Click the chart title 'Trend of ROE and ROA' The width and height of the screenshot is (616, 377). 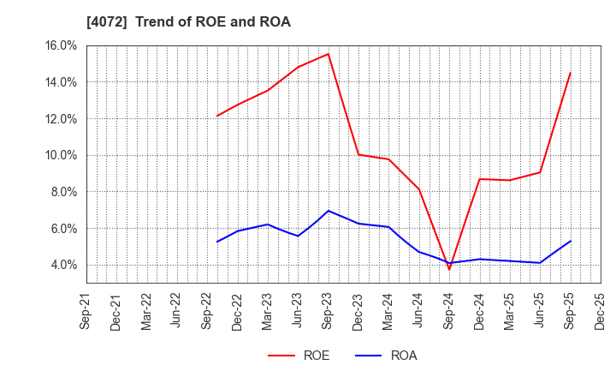[x=188, y=22]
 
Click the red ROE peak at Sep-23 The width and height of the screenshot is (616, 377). [x=328, y=54]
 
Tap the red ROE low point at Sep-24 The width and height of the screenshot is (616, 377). [x=449, y=270]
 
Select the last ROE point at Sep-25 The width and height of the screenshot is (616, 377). [x=570, y=73]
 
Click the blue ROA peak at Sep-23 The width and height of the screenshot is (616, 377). [x=328, y=211]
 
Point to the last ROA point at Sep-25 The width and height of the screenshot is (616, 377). [x=570, y=241]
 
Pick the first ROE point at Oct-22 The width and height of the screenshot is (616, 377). [x=217, y=116]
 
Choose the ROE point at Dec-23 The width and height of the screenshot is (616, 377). [x=358, y=154]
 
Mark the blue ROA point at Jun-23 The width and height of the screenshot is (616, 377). [x=298, y=236]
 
